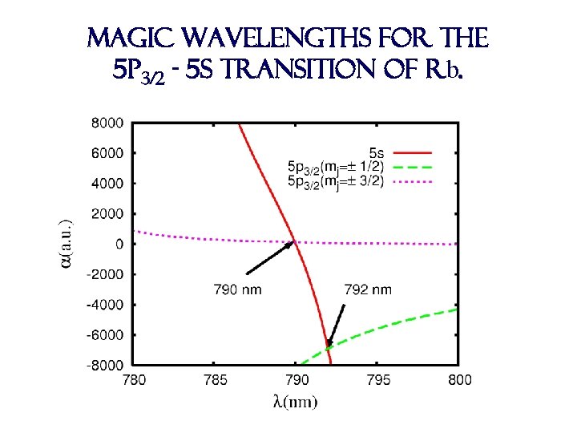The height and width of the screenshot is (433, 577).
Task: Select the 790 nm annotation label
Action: pyautogui.click(x=239, y=289)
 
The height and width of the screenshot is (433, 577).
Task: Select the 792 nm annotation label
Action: pyautogui.click(x=368, y=289)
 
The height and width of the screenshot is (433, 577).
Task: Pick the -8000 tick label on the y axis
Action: pyautogui.click(x=106, y=365)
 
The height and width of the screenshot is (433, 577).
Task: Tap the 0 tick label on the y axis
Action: pyautogui.click(x=119, y=244)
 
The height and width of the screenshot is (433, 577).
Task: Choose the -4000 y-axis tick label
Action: pyautogui.click(x=106, y=305)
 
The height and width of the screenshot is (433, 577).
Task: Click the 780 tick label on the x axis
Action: pyautogui.click(x=133, y=380)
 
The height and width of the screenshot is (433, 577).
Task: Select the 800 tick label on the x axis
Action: pyautogui.click(x=458, y=380)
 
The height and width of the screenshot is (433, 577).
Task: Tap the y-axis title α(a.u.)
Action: pyautogui.click(x=69, y=245)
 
